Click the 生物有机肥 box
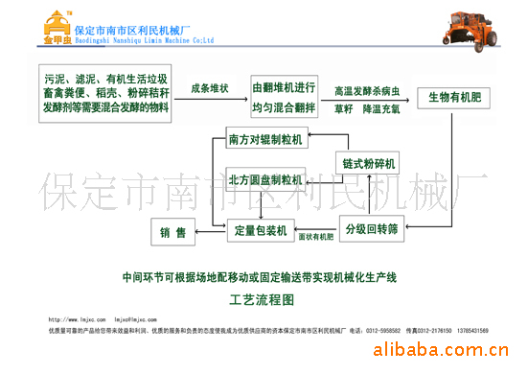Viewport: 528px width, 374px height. click(453, 98)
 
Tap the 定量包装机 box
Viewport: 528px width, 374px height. click(257, 230)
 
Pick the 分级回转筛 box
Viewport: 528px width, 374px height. click(371, 230)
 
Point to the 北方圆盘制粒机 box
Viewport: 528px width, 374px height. click(265, 179)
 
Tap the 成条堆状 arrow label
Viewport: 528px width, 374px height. click(209, 89)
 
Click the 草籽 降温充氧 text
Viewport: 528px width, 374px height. click(369, 109)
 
